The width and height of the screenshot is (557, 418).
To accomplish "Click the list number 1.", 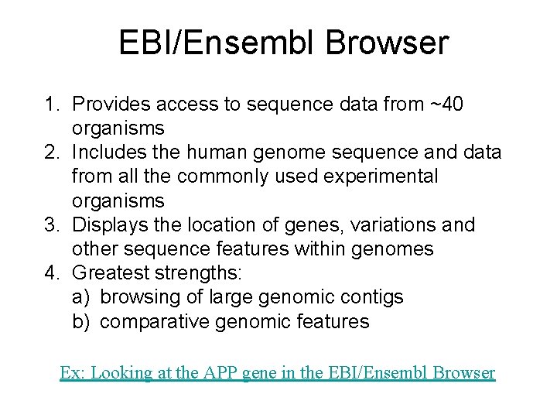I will [x=50, y=104].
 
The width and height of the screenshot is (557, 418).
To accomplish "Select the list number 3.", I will [x=50, y=225].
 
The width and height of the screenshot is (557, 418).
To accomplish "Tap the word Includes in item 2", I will [x=111, y=152].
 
